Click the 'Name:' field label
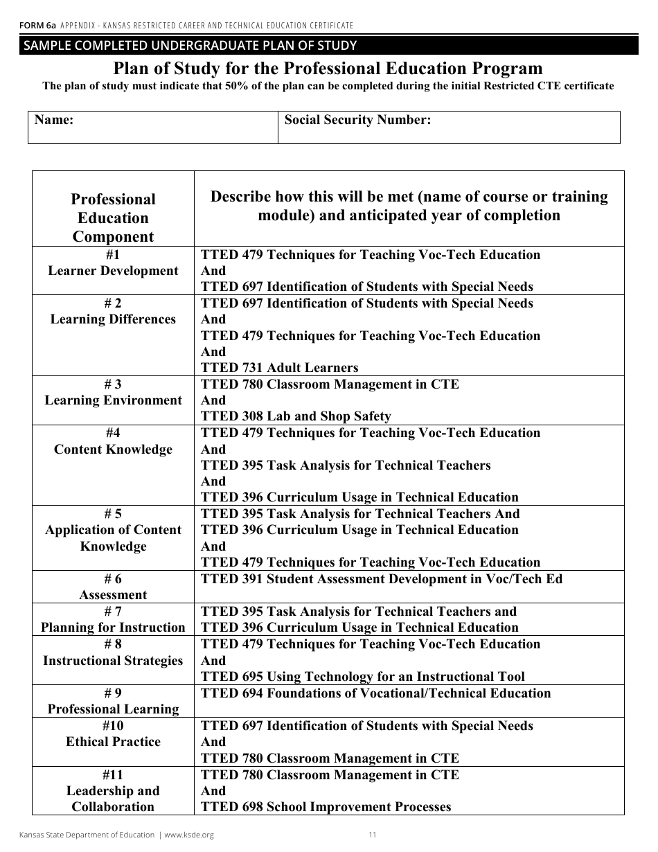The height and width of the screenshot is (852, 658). [54, 120]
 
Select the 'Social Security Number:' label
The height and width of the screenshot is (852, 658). [357, 120]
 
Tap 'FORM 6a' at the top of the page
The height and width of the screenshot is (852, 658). [38, 26]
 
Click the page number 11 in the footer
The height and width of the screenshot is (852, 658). [372, 835]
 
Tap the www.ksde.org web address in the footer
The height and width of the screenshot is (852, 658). [188, 835]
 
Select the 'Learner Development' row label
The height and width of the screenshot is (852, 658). [113, 271]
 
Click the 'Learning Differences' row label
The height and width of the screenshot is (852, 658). [113, 319]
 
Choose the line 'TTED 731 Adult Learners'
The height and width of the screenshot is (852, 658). [279, 368]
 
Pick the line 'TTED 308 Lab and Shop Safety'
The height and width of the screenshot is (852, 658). [296, 416]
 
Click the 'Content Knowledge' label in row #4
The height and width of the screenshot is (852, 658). [113, 449]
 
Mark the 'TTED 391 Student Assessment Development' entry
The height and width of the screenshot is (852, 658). [381, 579]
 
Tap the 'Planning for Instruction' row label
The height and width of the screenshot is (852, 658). [113, 628]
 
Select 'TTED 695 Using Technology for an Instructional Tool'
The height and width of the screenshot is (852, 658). [362, 677]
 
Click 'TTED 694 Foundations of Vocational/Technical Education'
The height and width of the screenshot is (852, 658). [375, 693]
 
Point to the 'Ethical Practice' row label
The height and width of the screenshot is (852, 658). [113, 742]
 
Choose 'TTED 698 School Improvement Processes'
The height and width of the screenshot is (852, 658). [326, 807]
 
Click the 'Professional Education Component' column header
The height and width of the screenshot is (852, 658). [113, 218]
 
